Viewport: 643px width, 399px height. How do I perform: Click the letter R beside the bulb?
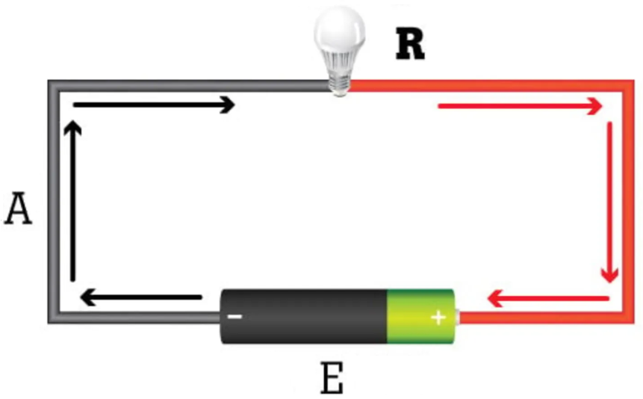pyautogui.click(x=410, y=45)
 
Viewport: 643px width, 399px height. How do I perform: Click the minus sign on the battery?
pyautogui.click(x=234, y=317)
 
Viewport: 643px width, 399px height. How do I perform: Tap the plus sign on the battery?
pyautogui.click(x=438, y=318)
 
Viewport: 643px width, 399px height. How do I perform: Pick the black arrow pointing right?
pyautogui.click(x=154, y=105)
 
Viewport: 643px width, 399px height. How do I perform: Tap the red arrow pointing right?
pyautogui.click(x=520, y=107)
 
